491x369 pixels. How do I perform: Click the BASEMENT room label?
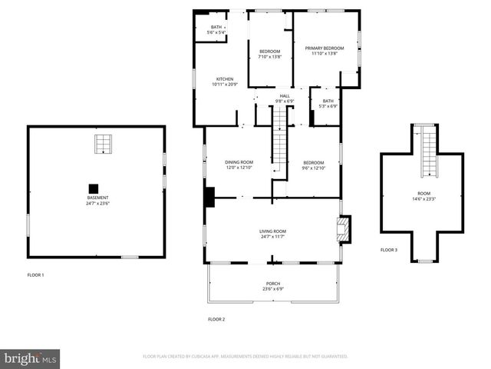click(97, 198)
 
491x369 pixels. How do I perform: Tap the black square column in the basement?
click(94, 188)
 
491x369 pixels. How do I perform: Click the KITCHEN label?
click(225, 78)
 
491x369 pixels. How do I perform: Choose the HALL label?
click(285, 96)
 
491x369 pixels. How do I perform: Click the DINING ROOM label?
click(239, 162)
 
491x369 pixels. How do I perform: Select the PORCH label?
click(274, 284)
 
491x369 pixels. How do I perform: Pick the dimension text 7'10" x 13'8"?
click(269, 57)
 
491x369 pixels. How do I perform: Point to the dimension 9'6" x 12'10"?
click(314, 168)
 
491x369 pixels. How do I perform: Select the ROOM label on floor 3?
click(424, 193)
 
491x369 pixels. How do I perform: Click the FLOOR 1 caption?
click(36, 274)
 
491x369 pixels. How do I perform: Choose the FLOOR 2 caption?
click(216, 319)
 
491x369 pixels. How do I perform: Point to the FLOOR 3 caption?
click(389, 250)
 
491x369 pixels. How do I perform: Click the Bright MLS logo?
click(31, 358)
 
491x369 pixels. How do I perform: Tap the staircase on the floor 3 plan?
click(425, 150)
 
